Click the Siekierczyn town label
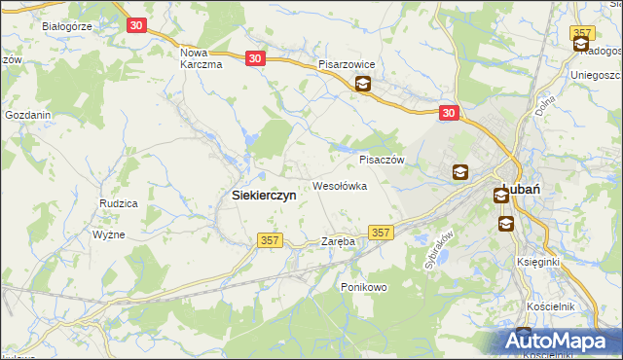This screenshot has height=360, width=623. coord(264,195)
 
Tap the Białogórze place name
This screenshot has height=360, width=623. coord(66,26)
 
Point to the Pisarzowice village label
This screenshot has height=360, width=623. coord(353,64)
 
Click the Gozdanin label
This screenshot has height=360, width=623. coord(27,115)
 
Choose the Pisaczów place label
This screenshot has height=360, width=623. coord(381,160)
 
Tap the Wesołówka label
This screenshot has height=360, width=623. coord(339,185)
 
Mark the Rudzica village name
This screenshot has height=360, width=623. coord(118,203)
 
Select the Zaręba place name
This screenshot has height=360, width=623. coord(338,240)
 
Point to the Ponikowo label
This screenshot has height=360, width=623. coord(364,287)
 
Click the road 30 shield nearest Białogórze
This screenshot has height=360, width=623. coord(135,24)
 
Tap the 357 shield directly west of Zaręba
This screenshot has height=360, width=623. coord(270,239)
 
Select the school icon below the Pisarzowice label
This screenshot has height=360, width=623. coord(362,85)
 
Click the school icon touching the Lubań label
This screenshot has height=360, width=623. coord(500,196)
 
